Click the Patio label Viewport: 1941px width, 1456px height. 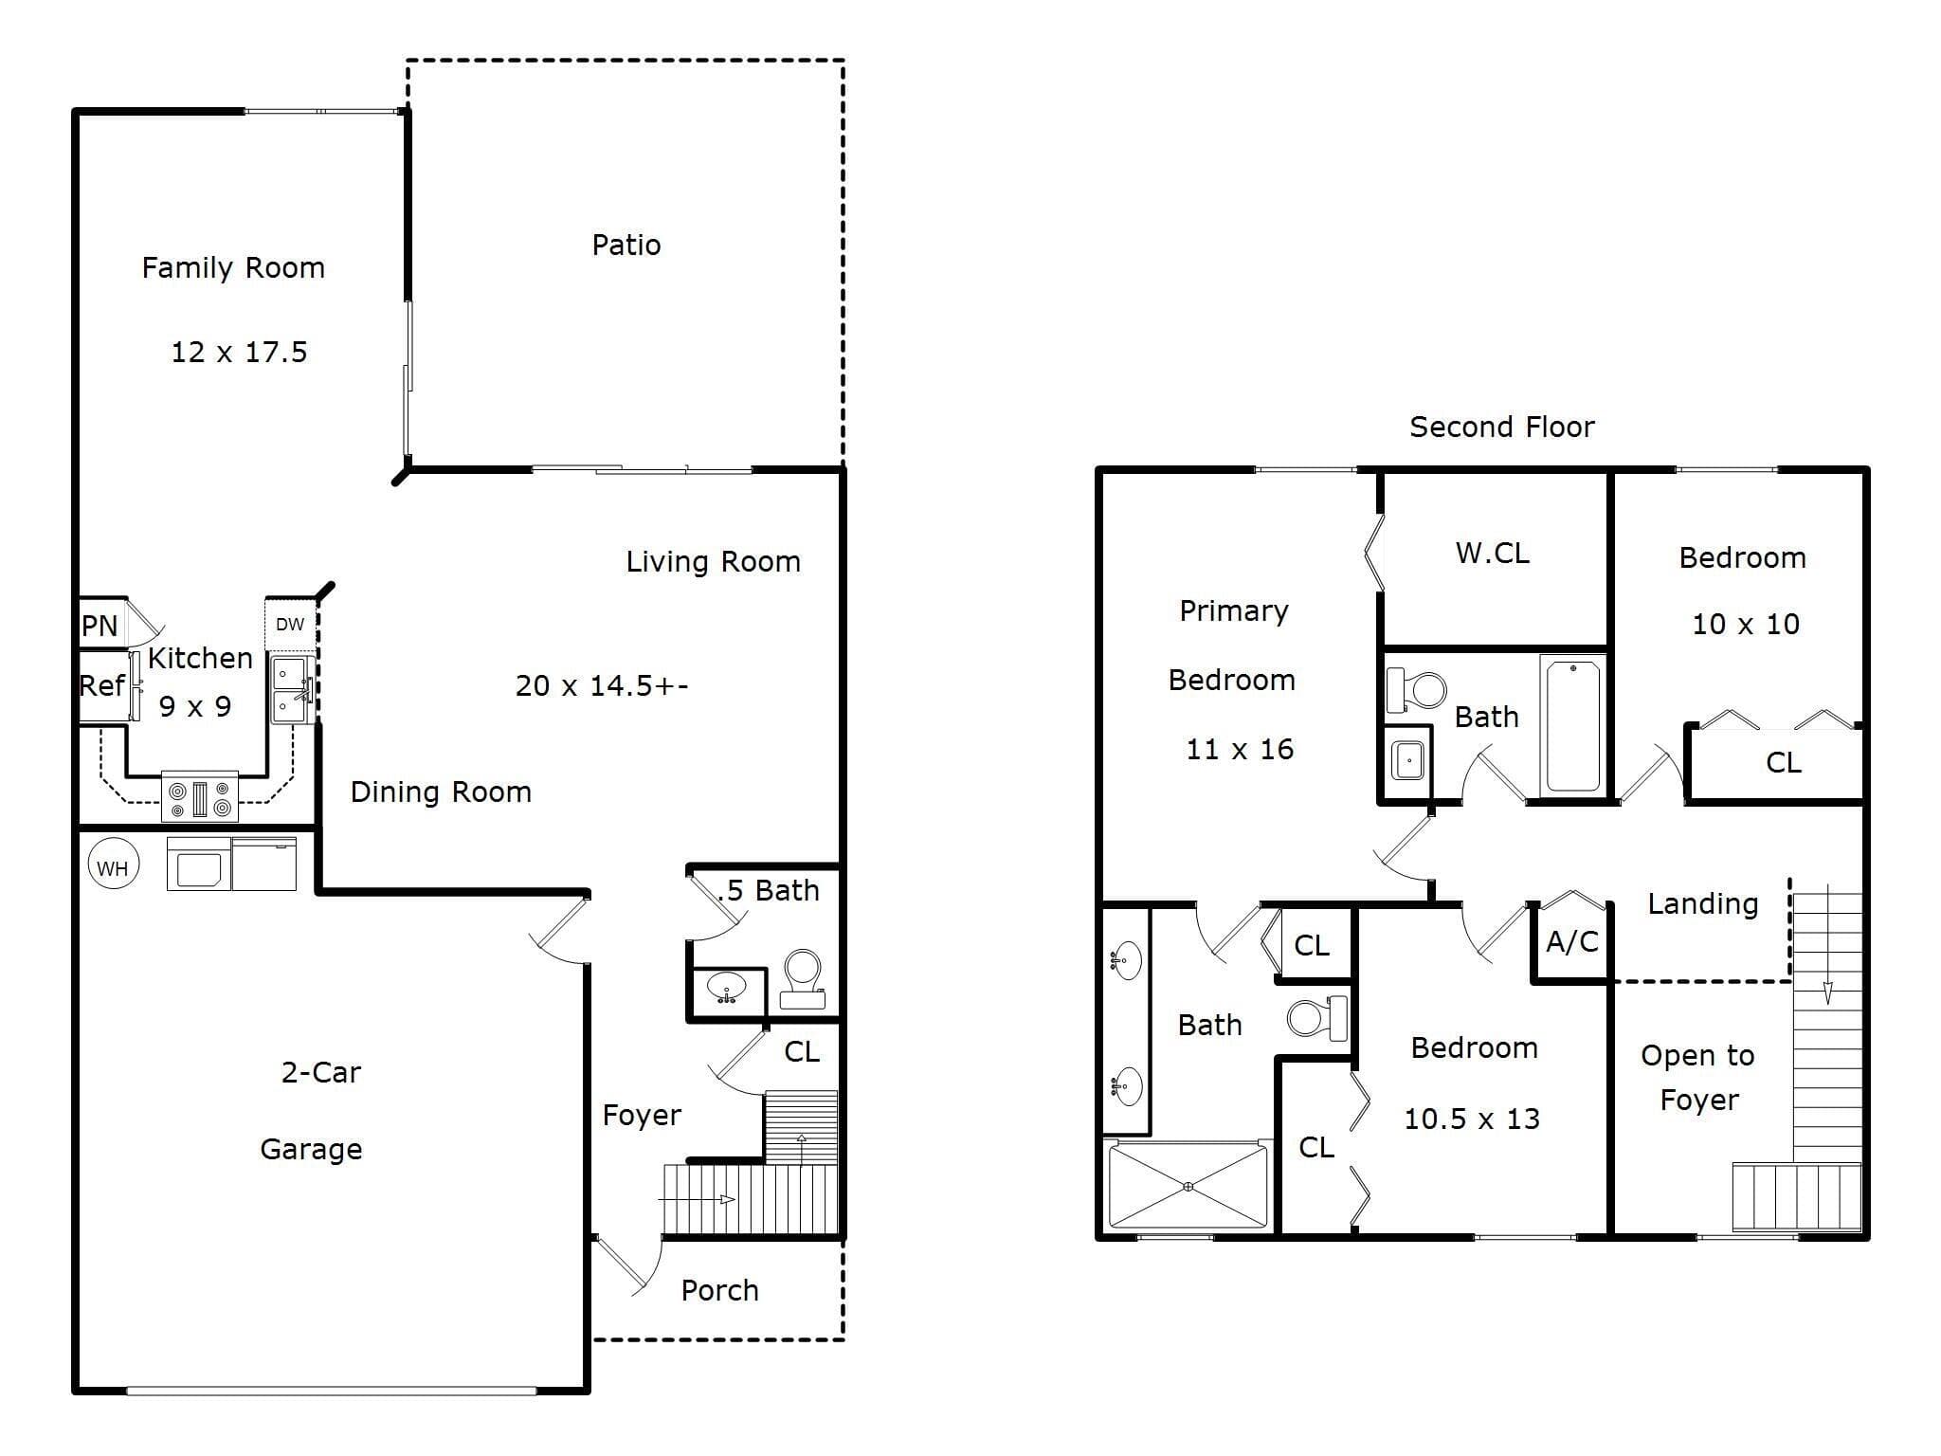[626, 245]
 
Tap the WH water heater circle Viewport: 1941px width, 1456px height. [113, 866]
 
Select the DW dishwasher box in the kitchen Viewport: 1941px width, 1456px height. [290, 624]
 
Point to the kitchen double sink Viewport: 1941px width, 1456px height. [292, 690]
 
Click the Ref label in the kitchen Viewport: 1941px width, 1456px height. [101, 685]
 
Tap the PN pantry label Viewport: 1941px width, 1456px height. [100, 626]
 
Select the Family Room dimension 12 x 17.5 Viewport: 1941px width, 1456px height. [239, 353]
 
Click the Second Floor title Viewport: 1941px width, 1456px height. [1502, 428]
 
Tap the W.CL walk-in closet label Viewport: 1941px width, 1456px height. [1493, 554]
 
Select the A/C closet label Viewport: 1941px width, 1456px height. [1572, 941]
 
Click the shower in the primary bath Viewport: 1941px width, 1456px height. [1188, 1186]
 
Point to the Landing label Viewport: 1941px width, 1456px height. [1703, 904]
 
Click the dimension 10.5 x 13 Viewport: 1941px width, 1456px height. [1472, 1119]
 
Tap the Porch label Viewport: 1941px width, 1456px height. [720, 1291]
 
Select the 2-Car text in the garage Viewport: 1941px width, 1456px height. [321, 1073]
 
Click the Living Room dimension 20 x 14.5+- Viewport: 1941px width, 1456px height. [602, 686]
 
